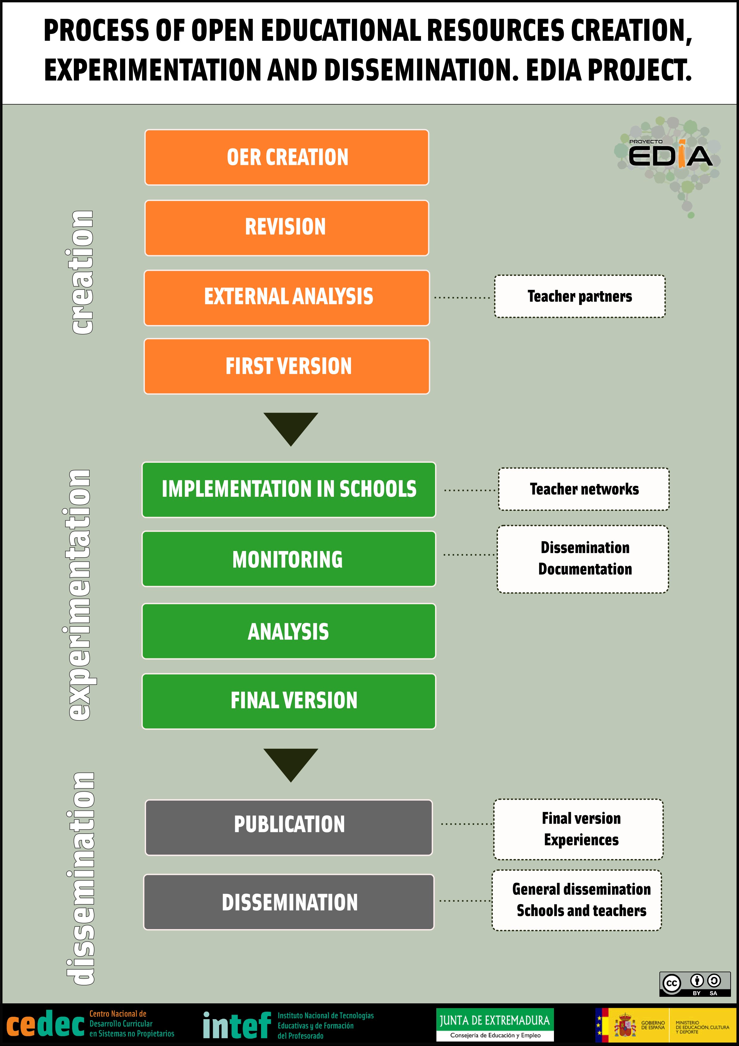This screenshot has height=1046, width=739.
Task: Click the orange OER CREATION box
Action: [287, 157]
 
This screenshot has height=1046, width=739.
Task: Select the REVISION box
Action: [287, 228]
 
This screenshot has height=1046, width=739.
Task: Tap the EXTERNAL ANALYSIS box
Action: [287, 298]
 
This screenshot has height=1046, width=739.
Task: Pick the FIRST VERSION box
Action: [287, 366]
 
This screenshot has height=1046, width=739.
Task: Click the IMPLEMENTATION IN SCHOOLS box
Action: [289, 490]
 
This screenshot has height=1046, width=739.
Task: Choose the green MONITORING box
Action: [289, 559]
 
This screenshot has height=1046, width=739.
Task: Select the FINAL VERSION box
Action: [289, 701]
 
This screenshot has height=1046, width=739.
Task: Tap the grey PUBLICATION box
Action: [289, 827]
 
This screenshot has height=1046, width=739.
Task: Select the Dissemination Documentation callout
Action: [583, 559]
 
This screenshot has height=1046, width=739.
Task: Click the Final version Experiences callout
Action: [578, 829]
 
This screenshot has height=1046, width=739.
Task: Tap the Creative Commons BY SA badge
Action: [695, 984]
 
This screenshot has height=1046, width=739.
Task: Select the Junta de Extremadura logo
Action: [495, 1025]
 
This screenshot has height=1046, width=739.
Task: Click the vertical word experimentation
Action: [79, 595]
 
